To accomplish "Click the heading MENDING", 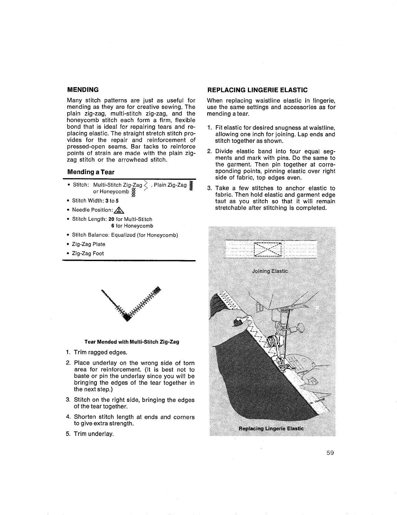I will click(83, 89).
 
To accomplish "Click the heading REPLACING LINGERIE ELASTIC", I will click(257, 90).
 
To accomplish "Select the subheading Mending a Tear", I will click(91, 172).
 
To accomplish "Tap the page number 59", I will click(330, 453).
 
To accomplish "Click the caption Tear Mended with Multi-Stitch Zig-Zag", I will click(132, 342).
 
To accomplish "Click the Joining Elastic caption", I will click(270, 271).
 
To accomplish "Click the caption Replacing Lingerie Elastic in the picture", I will click(271, 428).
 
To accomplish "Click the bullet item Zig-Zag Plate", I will click(88, 244).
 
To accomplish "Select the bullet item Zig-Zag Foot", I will click(88, 253).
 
